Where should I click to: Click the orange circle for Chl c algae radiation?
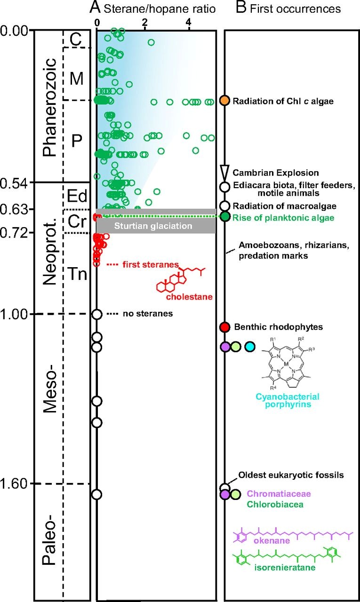click(225, 101)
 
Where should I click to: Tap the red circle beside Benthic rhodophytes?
click(225, 327)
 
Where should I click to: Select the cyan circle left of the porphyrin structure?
click(250, 347)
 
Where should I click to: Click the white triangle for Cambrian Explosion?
click(225, 171)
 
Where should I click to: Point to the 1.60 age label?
click(16, 483)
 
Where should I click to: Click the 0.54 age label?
click(16, 182)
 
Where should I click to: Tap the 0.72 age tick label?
click(16, 233)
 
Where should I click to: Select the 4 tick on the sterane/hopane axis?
click(189, 22)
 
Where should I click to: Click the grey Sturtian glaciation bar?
click(156, 226)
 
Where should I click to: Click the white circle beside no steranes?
click(97, 314)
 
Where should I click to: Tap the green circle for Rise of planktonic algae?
click(225, 217)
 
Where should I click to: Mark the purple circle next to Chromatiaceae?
click(225, 494)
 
